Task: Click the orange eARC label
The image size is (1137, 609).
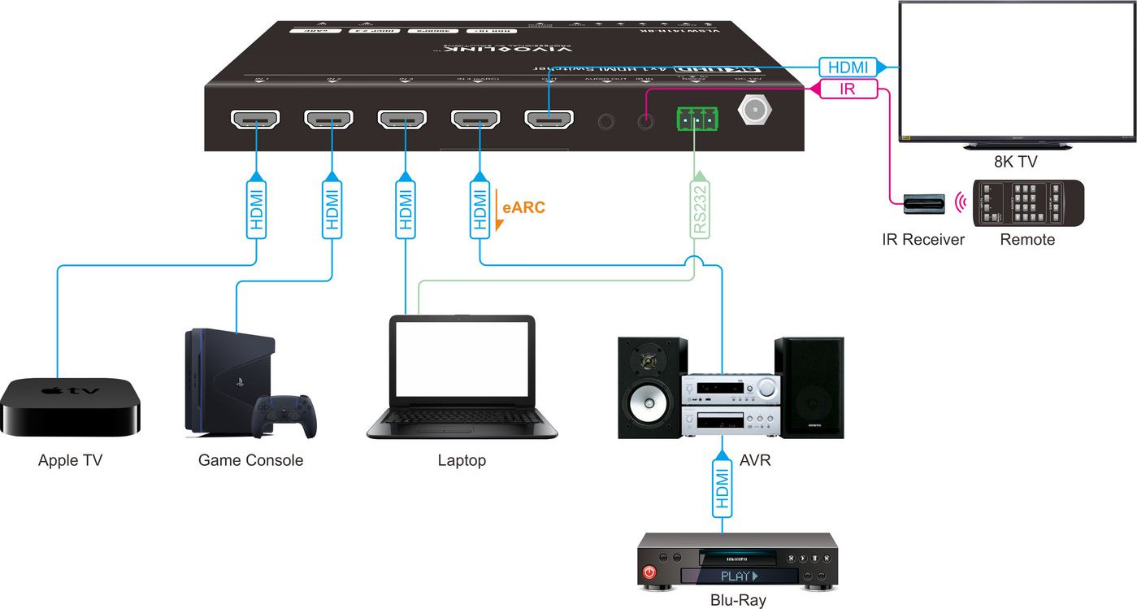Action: pyautogui.click(x=523, y=207)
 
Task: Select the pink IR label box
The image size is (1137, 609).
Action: pyautogui.click(x=848, y=89)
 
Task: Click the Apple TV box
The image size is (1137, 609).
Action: pyautogui.click(x=71, y=406)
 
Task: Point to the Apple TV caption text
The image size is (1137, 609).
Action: pyautogui.click(x=71, y=461)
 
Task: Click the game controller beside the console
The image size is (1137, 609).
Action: pyautogui.click(x=284, y=415)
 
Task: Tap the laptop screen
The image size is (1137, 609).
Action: pyautogui.click(x=462, y=362)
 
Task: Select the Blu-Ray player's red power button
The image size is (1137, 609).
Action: pyautogui.click(x=649, y=573)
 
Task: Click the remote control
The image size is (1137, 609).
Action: pyautogui.click(x=1027, y=202)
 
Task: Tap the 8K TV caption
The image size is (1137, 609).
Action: pyautogui.click(x=1016, y=162)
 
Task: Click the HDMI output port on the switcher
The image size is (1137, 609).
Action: pyautogui.click(x=549, y=120)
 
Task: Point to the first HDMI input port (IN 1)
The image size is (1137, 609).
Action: pyautogui.click(x=256, y=120)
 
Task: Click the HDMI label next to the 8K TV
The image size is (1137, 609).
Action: pyautogui.click(x=848, y=67)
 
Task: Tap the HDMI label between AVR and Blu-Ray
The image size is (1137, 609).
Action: pyautogui.click(x=722, y=486)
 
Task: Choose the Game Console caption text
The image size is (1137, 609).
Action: pyautogui.click(x=250, y=461)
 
